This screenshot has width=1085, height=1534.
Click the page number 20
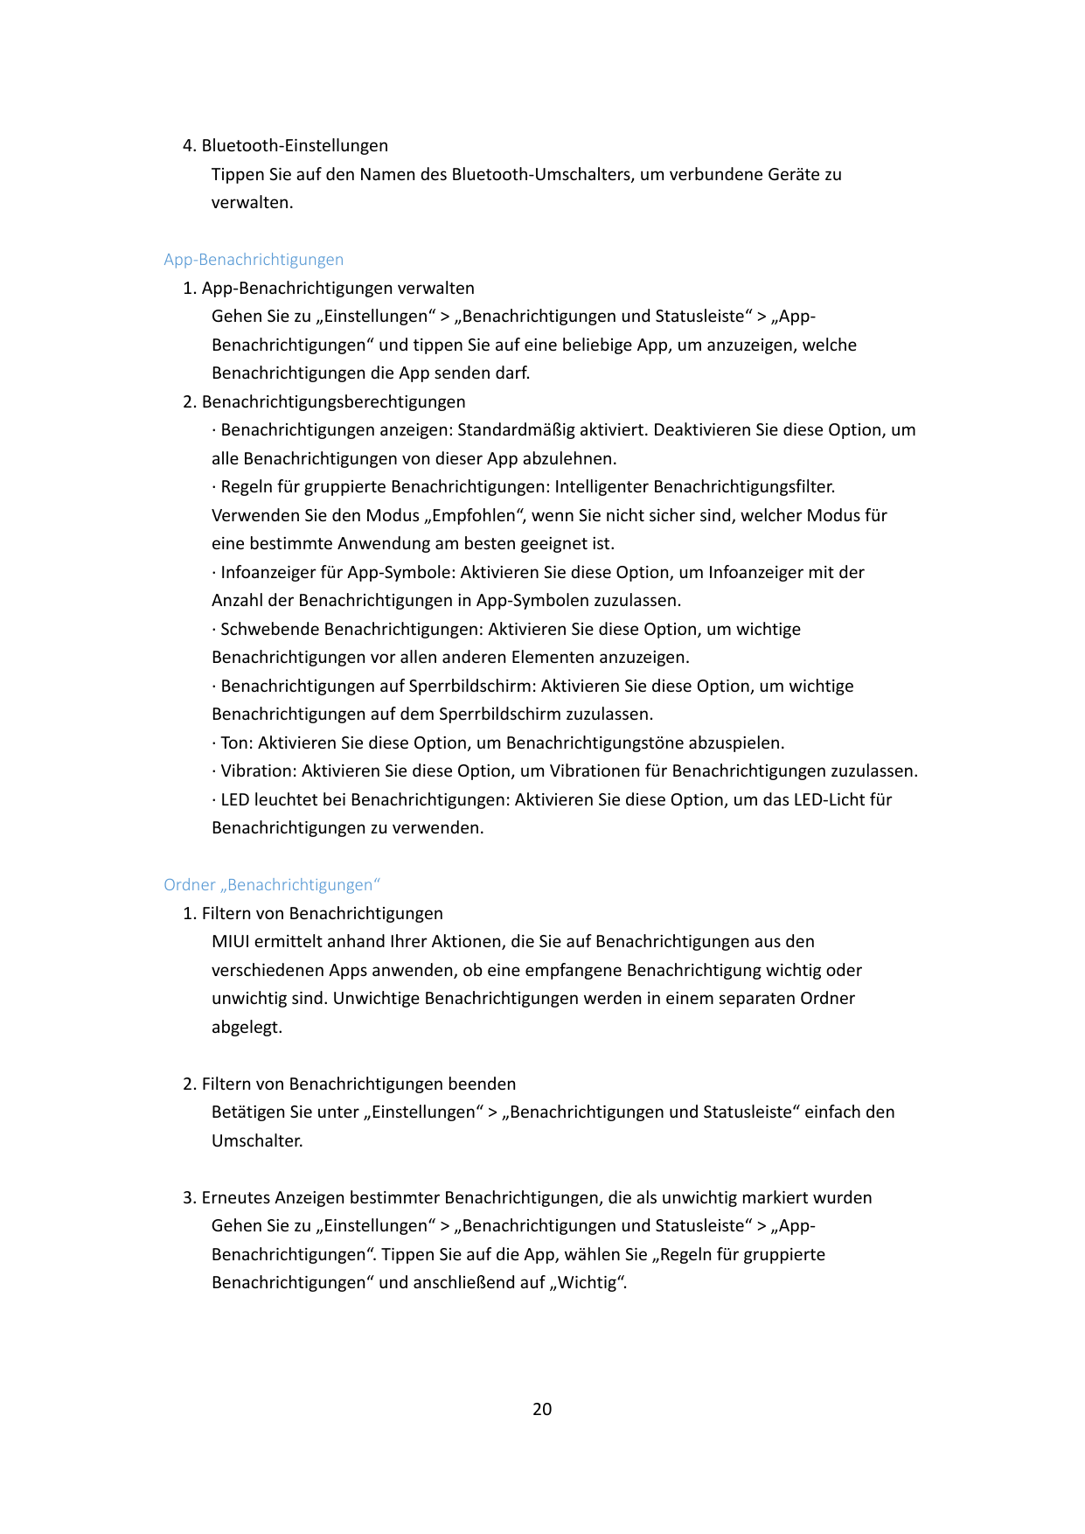point(542,1409)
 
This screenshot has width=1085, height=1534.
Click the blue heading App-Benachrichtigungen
point(254,260)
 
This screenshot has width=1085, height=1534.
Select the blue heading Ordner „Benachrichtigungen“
point(272,885)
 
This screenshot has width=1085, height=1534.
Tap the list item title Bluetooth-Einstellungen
point(295,145)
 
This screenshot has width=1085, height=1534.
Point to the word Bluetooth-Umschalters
point(541,174)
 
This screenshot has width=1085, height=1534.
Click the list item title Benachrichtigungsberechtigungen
point(333,401)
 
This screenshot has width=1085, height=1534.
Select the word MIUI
point(231,942)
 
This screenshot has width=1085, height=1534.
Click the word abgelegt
point(247,1027)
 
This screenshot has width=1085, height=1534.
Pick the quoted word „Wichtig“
point(588,1283)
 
